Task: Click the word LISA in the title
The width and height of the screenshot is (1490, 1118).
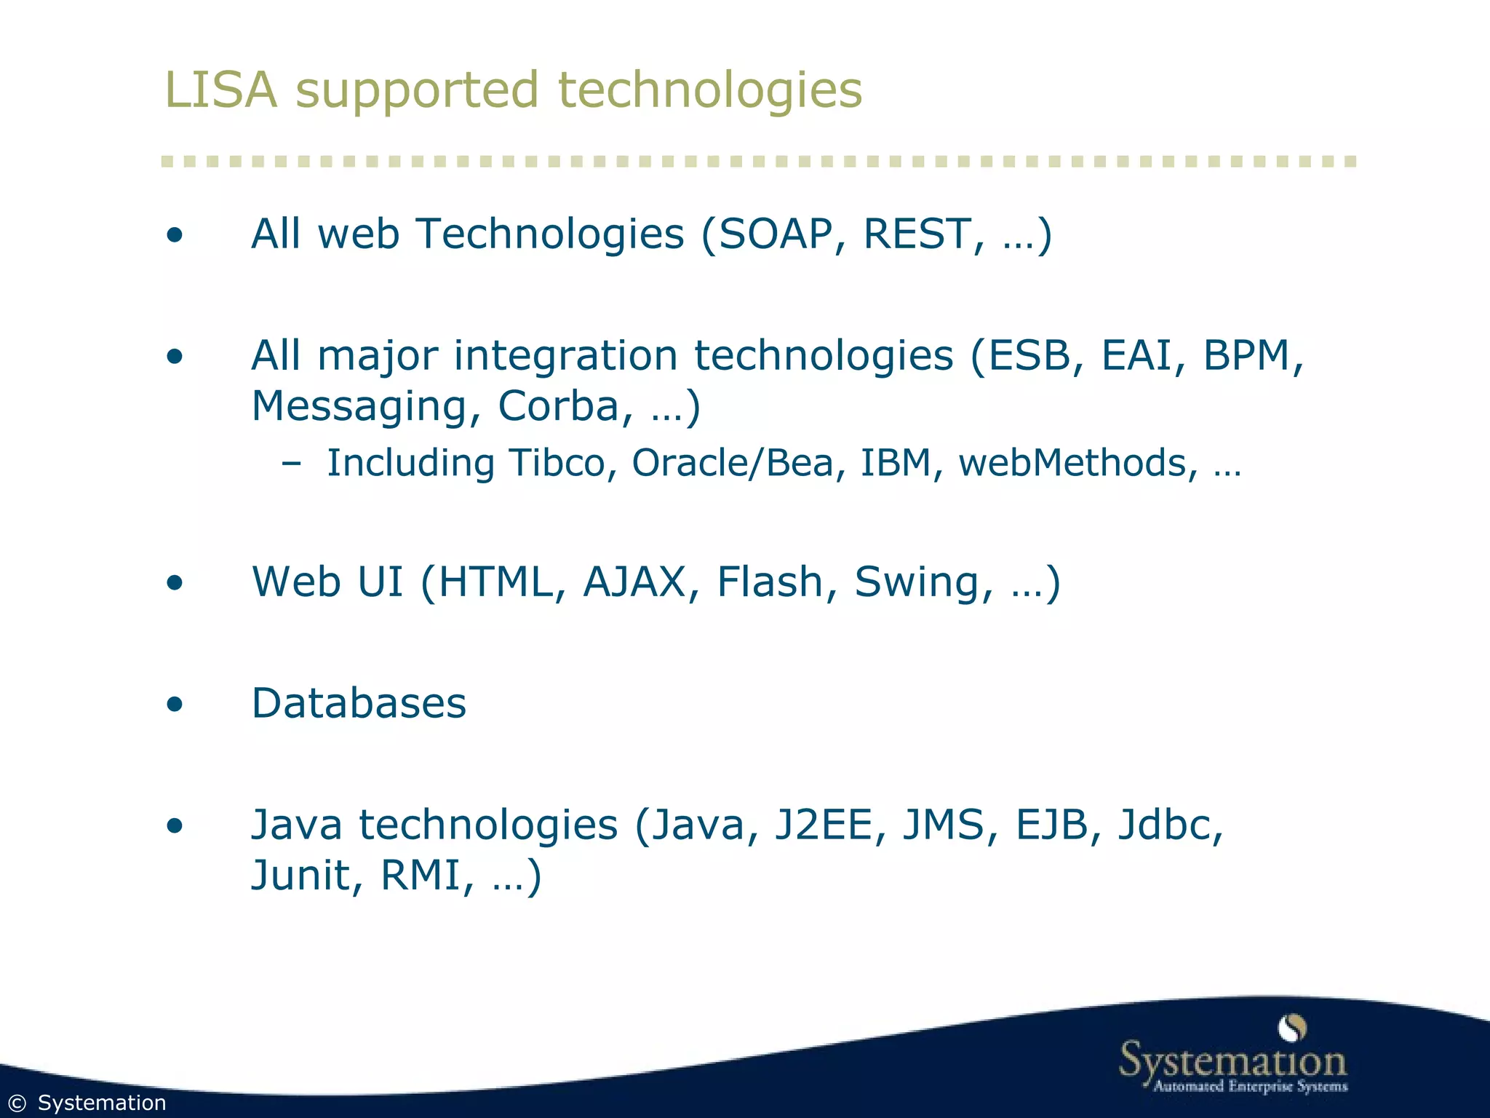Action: pyautogui.click(x=221, y=90)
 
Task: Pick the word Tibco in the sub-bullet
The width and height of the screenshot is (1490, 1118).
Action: pyautogui.click(x=557, y=463)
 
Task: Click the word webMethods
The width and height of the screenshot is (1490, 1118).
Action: pyautogui.click(x=1072, y=463)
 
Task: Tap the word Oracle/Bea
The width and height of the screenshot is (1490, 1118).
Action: pyautogui.click(x=732, y=463)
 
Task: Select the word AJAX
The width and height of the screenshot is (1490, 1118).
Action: pyautogui.click(x=634, y=582)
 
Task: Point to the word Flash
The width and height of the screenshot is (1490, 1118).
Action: pyautogui.click(x=770, y=582)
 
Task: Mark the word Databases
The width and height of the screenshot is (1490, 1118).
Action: pyautogui.click(x=359, y=704)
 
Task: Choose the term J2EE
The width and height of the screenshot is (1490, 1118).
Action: pyautogui.click(x=823, y=825)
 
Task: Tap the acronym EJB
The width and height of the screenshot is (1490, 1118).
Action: pyautogui.click(x=1052, y=825)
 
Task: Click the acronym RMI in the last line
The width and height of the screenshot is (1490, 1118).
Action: pyautogui.click(x=421, y=875)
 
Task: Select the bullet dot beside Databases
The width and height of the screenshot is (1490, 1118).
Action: pyautogui.click(x=175, y=705)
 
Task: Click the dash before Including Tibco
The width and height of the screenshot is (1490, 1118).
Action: pyautogui.click(x=291, y=464)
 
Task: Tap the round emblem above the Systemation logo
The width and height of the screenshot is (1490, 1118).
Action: pyautogui.click(x=1292, y=1028)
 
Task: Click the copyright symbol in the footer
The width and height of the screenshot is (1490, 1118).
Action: pyautogui.click(x=17, y=1103)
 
